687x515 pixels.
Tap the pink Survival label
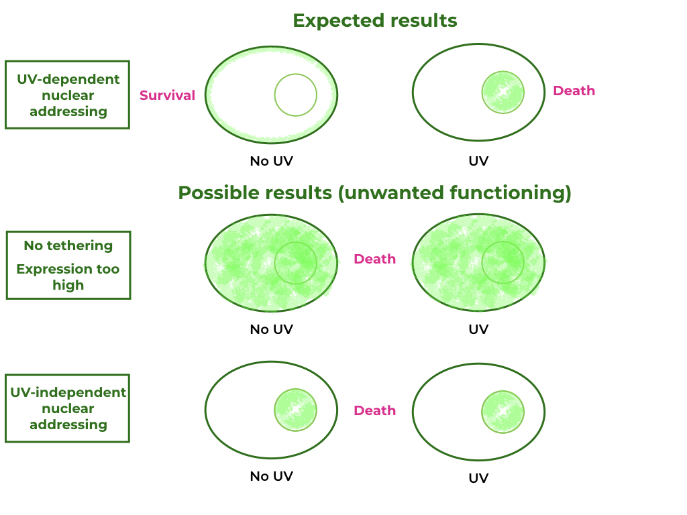tap(167, 95)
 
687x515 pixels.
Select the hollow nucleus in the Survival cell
tap(295, 95)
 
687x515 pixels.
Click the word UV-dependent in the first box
tap(68, 79)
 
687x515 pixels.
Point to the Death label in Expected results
tap(574, 91)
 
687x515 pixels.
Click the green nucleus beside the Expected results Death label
tap(503, 92)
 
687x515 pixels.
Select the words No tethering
tap(68, 245)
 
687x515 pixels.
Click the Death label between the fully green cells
tap(374, 259)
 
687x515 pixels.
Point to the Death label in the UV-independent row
tap(374, 410)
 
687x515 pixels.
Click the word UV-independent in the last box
tap(68, 392)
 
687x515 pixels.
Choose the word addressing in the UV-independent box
tap(68, 424)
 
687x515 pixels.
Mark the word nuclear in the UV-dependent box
tap(68, 95)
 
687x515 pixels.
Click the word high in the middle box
tap(68, 285)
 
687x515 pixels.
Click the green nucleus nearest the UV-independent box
tap(295, 409)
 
